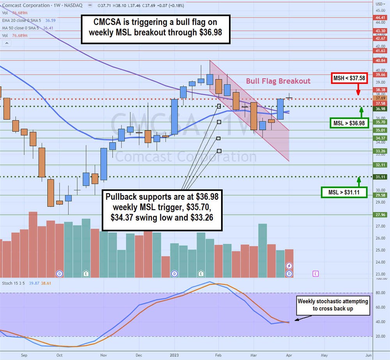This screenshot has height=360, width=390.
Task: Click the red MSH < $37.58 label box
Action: [x=349, y=78]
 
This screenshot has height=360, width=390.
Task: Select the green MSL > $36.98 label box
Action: [x=349, y=123]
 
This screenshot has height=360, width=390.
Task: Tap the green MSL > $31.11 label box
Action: [x=344, y=192]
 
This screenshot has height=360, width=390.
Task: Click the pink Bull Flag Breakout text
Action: [x=278, y=81]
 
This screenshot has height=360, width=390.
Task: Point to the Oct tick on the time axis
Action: [x=59, y=355]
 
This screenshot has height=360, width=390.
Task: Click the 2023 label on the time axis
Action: [x=174, y=355]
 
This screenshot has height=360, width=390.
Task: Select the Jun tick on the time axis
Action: [x=368, y=355]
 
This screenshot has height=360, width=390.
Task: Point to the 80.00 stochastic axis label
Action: [x=380, y=293]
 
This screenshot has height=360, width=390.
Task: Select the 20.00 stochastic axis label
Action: [x=380, y=336]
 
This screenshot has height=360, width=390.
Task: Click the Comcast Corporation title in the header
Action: [x=26, y=5]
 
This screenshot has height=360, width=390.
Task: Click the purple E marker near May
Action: [x=316, y=274]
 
